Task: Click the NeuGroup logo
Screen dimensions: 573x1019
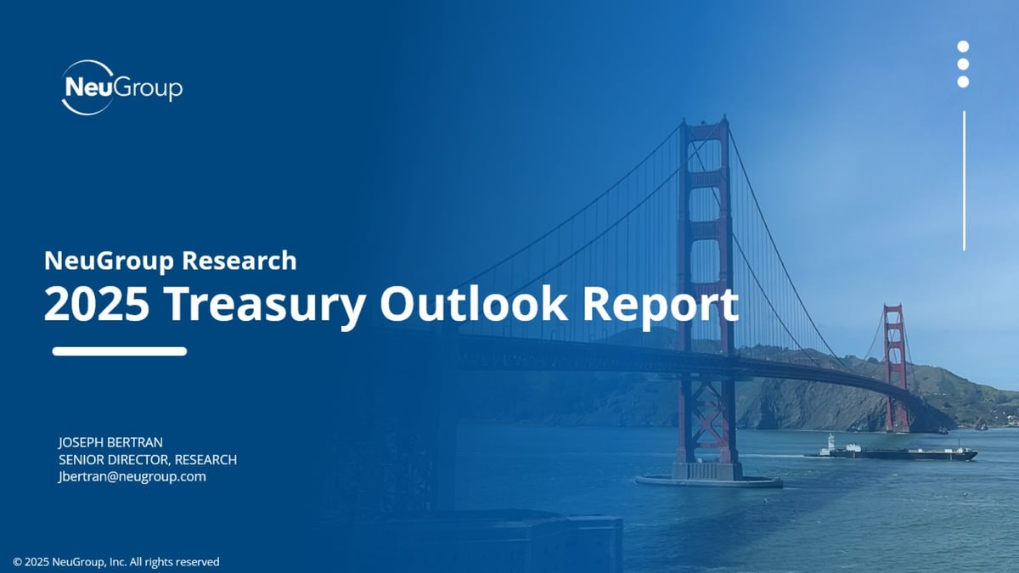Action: click(121, 87)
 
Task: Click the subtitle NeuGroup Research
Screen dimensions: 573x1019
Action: click(170, 260)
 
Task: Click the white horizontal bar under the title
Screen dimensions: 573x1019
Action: click(120, 351)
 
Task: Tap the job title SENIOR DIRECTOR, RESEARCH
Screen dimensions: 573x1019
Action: click(147, 459)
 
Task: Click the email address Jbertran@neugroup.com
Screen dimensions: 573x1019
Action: click(132, 476)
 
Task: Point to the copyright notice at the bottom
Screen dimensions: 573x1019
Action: click(116, 561)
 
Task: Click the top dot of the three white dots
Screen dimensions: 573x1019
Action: click(963, 47)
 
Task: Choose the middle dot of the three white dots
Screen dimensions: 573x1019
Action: click(963, 65)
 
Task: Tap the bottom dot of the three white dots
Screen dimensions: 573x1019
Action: click(963, 81)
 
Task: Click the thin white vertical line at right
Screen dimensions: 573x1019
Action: click(964, 180)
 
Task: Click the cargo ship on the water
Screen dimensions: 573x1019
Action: click(892, 452)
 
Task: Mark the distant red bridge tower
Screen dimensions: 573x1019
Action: click(894, 365)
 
